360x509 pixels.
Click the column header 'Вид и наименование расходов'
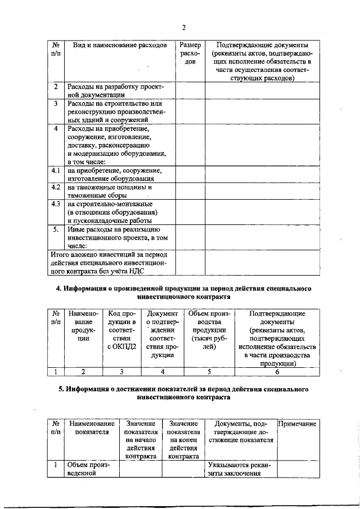(116, 44)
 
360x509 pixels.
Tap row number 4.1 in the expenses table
(56, 170)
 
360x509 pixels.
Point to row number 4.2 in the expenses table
(56, 187)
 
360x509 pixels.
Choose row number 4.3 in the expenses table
(56, 204)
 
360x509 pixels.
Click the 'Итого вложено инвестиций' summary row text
(110, 263)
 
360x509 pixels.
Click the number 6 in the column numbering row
(277, 371)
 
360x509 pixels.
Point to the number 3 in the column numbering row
(121, 371)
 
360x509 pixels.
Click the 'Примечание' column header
(298, 424)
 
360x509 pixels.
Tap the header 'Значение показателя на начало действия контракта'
(141, 440)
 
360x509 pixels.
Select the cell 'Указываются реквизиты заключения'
(239, 469)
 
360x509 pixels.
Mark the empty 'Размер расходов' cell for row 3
(190, 111)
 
